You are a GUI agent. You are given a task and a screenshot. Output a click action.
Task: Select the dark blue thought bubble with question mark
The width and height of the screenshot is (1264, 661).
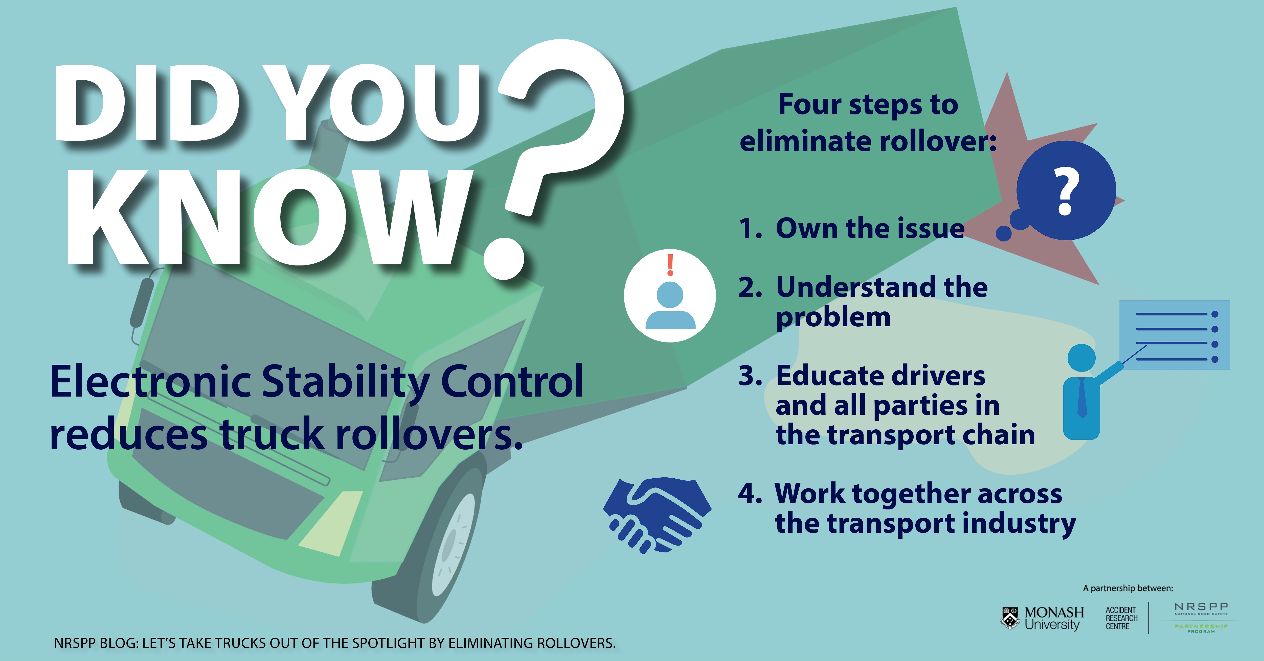[x=1065, y=191]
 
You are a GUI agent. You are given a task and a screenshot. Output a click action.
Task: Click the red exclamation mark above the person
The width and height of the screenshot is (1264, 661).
[x=670, y=265]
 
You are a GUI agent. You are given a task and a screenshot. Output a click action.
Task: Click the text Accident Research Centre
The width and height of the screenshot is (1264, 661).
[x=1121, y=618]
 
